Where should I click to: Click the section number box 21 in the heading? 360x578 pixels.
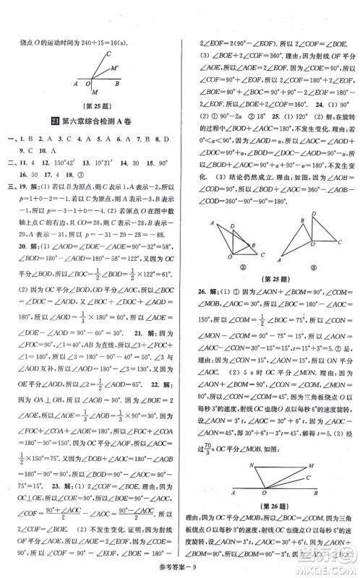tap(64, 120)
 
